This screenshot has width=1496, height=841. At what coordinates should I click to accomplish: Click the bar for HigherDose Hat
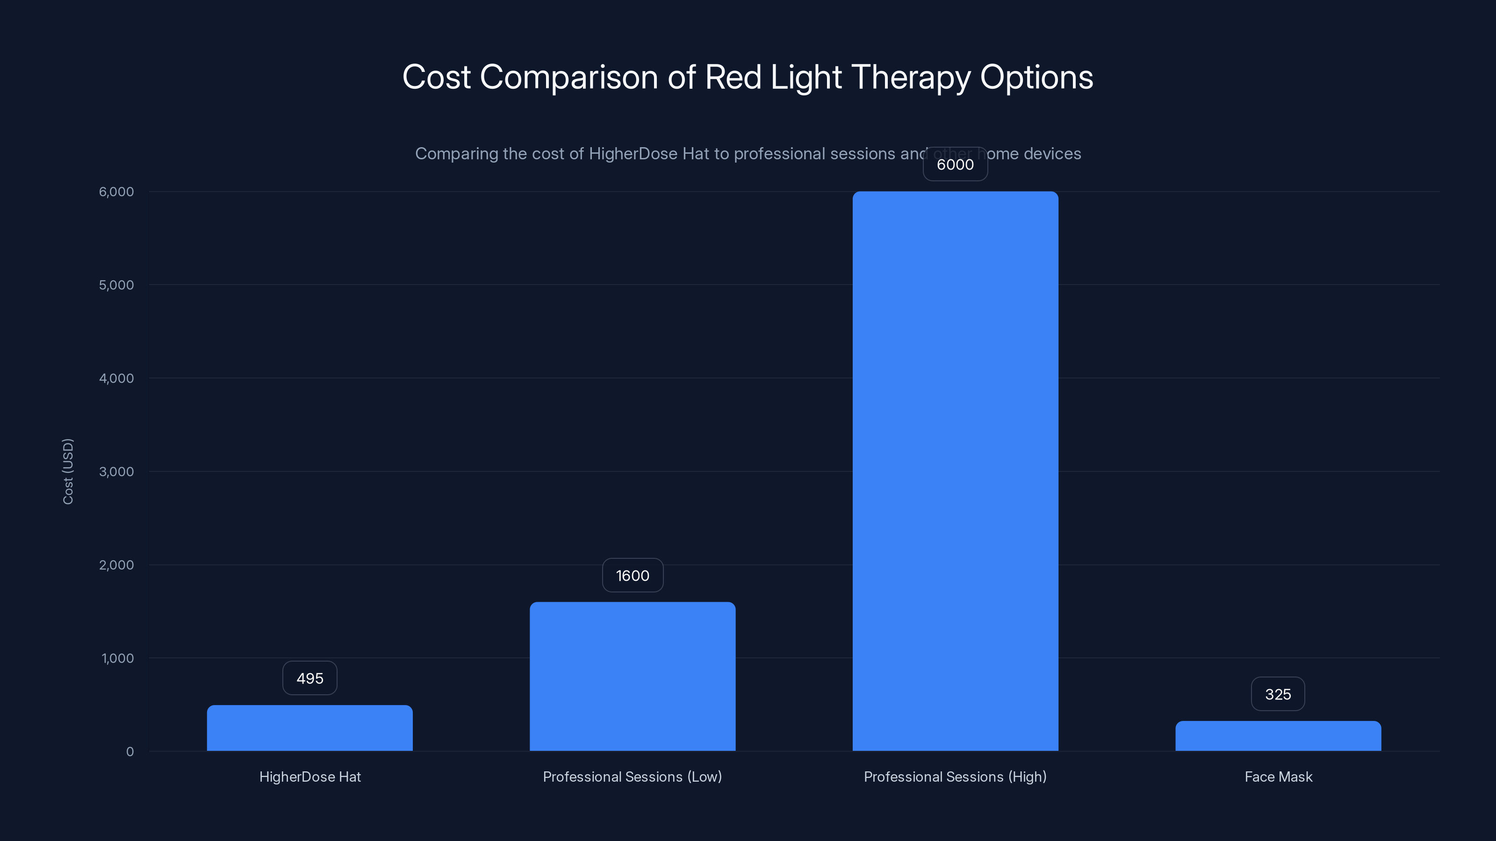309,728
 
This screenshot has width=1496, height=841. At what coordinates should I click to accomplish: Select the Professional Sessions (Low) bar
633,676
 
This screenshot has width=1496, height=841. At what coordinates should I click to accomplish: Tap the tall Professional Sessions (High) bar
955,470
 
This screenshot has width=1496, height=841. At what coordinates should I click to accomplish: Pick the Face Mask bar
1278,736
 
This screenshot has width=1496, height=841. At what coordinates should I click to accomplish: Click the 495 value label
309,678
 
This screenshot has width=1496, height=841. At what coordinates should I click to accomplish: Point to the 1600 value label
633,575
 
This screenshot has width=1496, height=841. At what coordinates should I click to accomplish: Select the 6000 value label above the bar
955,164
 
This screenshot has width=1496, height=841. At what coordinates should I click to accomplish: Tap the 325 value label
1278,694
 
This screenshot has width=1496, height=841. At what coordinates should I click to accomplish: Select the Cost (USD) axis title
68,471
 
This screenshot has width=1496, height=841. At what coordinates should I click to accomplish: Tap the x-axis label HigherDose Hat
309,777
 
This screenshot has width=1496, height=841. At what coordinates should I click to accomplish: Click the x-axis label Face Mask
1278,777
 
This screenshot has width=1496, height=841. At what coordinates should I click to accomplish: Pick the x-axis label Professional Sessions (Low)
633,777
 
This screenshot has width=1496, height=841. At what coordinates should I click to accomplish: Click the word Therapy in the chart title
911,77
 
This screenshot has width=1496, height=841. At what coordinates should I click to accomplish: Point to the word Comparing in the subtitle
456,154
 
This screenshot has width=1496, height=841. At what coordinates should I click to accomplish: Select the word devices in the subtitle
1052,154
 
